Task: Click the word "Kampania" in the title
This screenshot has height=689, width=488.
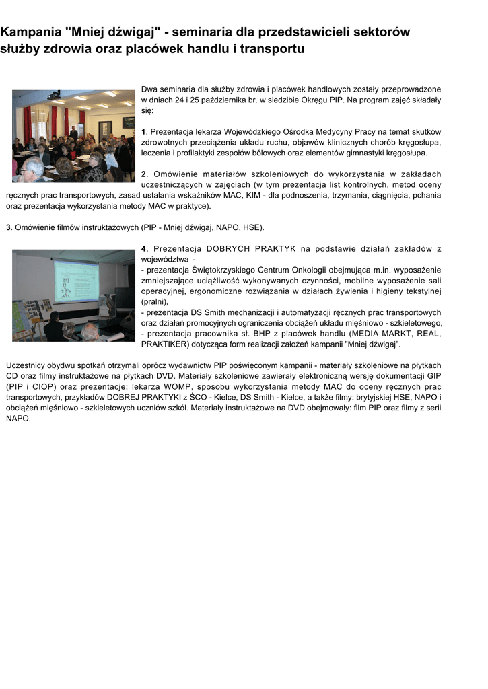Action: (x=30, y=32)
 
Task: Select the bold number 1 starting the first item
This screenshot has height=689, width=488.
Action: (x=143, y=132)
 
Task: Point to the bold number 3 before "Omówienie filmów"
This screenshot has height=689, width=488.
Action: (x=8, y=227)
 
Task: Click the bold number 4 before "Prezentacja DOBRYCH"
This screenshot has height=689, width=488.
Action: (x=143, y=249)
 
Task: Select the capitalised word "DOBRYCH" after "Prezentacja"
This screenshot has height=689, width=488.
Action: (x=233, y=249)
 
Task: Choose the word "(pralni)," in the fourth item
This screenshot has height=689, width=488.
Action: (x=155, y=302)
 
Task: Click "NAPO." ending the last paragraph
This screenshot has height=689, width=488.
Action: (x=18, y=419)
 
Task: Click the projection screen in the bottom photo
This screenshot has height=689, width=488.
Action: (x=76, y=281)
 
